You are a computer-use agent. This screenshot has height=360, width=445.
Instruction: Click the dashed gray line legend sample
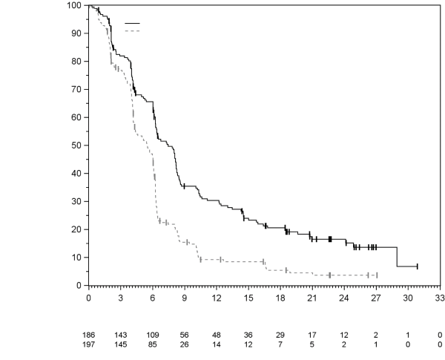(132, 31)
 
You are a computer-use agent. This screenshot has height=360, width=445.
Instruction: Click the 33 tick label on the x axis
(440, 298)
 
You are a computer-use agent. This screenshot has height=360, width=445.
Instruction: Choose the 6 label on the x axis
(153, 298)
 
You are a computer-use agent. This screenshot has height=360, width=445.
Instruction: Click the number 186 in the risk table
(89, 336)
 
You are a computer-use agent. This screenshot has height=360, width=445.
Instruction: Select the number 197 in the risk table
(89, 345)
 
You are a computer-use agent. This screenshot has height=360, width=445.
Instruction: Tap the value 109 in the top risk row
(153, 336)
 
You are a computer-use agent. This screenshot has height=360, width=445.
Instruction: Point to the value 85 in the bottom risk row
(153, 345)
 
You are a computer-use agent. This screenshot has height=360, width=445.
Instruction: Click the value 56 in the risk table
(185, 336)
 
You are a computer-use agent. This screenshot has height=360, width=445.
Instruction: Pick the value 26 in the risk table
(185, 345)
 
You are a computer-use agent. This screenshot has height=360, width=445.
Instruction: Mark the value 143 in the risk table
(121, 336)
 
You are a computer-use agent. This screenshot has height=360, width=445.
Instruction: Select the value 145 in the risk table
(121, 345)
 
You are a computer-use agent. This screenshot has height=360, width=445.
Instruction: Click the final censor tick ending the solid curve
(418, 266)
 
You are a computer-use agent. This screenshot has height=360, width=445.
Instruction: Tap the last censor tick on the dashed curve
(377, 275)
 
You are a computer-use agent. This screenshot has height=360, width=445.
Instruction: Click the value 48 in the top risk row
(217, 336)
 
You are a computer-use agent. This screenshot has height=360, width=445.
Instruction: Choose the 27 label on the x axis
(376, 298)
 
